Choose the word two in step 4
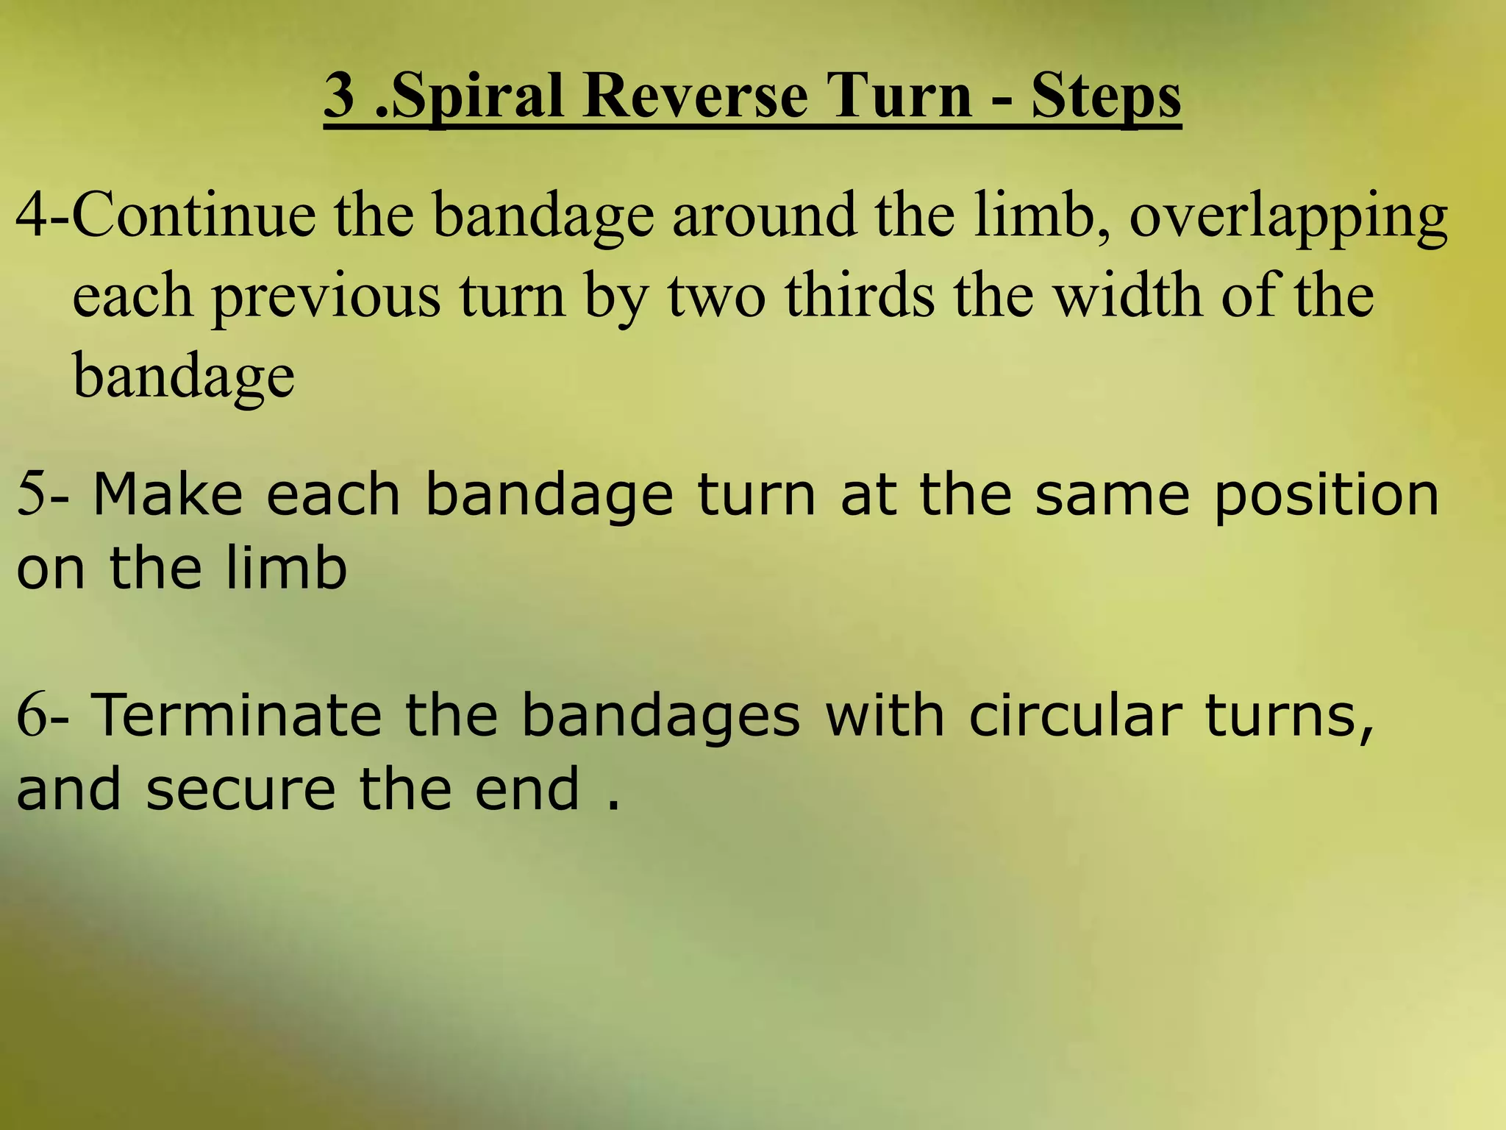point(717,296)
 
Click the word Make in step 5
point(168,494)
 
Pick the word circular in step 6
point(1076,715)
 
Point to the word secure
point(240,789)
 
